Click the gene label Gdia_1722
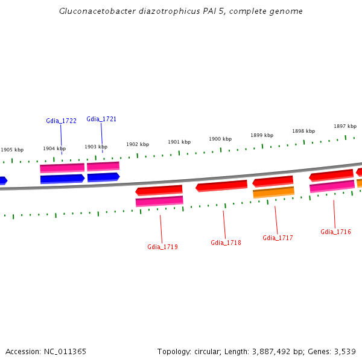(61, 121)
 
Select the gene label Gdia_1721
(101, 119)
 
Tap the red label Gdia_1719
(162, 247)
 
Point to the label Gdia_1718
(226, 243)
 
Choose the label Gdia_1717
(278, 238)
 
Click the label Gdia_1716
(335, 232)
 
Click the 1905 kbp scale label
(12, 150)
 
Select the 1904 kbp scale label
(54, 148)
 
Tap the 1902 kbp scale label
(138, 144)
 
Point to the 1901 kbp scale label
(179, 142)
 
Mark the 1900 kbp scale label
(220, 139)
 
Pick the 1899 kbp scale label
(262, 135)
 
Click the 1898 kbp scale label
(303, 131)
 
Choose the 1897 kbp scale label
(345, 126)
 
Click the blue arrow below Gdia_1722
(62, 179)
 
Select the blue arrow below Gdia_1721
(103, 177)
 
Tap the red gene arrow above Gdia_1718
(221, 186)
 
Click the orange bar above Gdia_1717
(274, 192)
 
